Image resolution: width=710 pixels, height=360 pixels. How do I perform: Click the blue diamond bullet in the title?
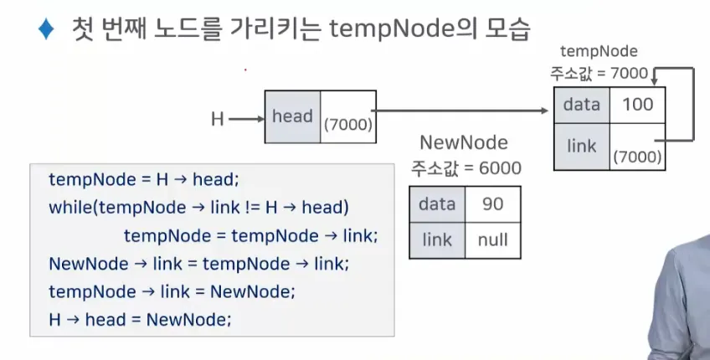[x=45, y=30]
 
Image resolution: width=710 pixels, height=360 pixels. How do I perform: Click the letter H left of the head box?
[x=218, y=120]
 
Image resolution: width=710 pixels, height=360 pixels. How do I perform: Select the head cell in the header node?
[x=292, y=116]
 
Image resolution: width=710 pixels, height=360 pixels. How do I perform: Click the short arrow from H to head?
[x=245, y=119]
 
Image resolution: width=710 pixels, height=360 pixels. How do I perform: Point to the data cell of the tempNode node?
[x=581, y=105]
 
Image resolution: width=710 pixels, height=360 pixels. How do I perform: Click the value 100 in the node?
[x=637, y=105]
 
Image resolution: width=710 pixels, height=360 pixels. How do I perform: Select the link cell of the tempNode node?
[x=581, y=147]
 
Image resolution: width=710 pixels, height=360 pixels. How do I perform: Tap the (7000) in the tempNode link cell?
[x=637, y=157]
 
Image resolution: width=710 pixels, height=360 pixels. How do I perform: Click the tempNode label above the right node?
[x=599, y=52]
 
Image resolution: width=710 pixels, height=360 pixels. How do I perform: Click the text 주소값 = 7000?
[x=599, y=73]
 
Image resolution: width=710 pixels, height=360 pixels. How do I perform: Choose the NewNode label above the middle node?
[x=463, y=142]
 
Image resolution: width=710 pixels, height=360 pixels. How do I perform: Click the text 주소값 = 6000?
[x=466, y=168]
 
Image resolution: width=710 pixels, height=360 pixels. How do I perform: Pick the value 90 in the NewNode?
[x=492, y=203]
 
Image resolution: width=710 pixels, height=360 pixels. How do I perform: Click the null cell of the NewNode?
[x=492, y=240]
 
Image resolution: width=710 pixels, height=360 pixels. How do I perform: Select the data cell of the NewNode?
[x=437, y=203]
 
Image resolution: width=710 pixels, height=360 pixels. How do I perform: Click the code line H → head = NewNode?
[x=140, y=319]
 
